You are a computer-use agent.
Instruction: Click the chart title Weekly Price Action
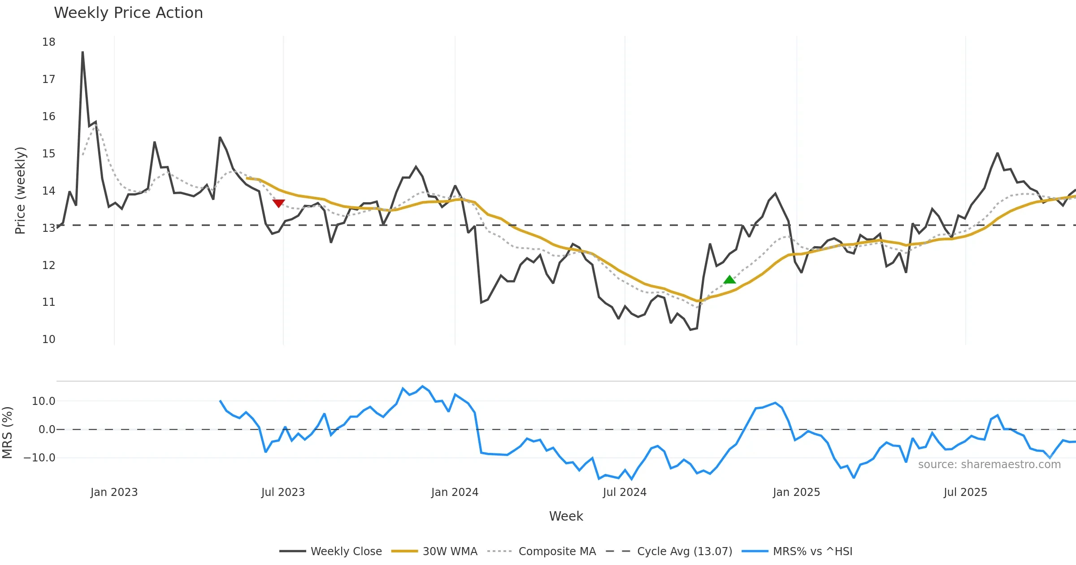click(128, 13)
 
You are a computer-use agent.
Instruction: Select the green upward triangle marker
click(729, 280)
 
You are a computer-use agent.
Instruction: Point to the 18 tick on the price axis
click(48, 42)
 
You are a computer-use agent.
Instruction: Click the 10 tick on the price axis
click(48, 339)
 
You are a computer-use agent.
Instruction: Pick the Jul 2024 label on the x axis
click(625, 492)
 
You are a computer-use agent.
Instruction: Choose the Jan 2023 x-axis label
click(114, 492)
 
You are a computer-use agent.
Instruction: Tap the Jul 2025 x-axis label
click(965, 492)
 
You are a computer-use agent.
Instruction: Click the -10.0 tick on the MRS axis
click(39, 458)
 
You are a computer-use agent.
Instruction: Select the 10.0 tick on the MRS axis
click(43, 401)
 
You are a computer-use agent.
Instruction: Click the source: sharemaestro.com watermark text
click(989, 465)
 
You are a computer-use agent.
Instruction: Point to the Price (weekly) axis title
click(20, 191)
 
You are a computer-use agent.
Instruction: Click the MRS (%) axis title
click(7, 432)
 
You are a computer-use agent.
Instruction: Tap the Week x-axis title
click(566, 517)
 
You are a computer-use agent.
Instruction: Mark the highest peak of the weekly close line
click(82, 52)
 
